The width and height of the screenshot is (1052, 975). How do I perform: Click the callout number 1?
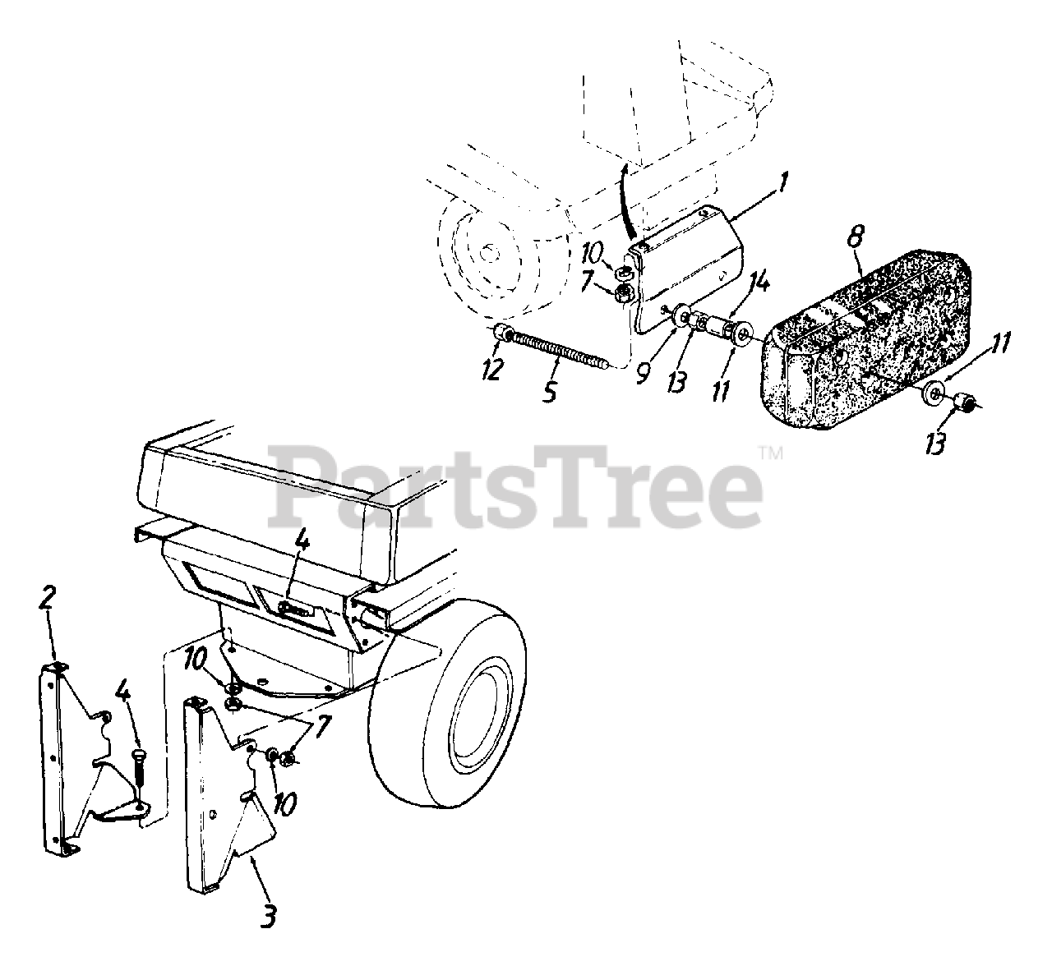click(782, 182)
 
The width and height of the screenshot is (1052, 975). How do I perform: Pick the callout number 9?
click(643, 374)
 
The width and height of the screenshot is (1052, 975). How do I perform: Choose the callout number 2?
click(48, 597)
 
